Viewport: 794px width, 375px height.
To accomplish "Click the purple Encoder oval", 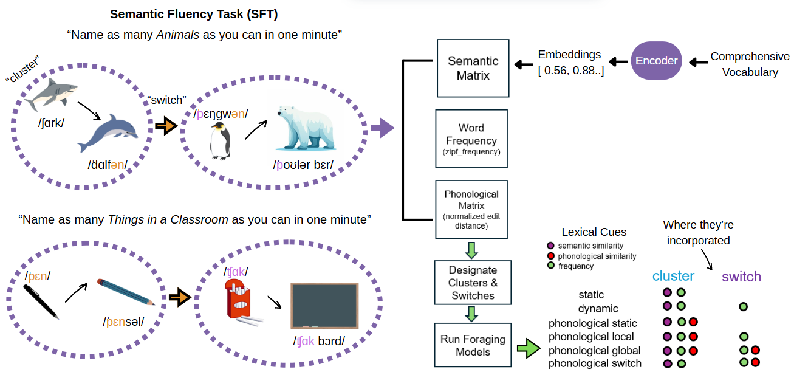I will click(657, 60).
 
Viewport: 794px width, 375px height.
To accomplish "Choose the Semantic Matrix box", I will click(473, 68).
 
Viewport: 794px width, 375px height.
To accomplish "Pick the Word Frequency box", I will click(471, 139).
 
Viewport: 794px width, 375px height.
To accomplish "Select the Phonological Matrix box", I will click(471, 208).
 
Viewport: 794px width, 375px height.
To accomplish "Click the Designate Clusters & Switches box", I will click(472, 283).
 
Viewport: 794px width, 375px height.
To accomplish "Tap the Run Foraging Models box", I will click(473, 345).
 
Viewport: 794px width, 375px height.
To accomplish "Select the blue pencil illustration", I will click(125, 291).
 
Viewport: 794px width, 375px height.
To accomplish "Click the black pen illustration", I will click(41, 300).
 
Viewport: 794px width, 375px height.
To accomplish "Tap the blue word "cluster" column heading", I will click(673, 277).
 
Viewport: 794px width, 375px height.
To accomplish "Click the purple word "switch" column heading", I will click(741, 277).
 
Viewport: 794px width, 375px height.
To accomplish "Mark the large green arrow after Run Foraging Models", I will click(528, 349).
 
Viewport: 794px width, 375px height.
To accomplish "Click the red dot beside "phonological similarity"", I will click(550, 256).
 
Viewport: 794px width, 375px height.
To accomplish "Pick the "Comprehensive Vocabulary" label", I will click(750, 64).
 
